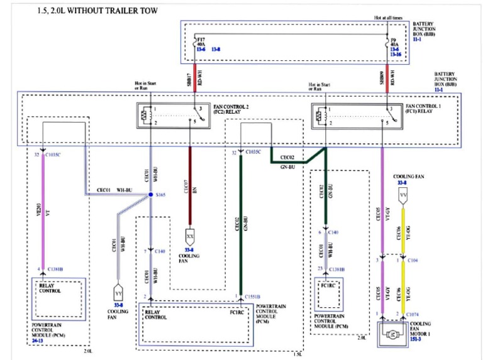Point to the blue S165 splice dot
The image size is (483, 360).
[x=151, y=195]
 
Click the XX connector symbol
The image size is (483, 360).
[x=189, y=236]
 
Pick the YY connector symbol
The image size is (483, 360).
[x=118, y=293]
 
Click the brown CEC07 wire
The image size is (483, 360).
[x=190, y=182]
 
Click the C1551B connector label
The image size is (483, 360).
[x=253, y=296]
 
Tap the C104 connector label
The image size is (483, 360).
[x=414, y=259]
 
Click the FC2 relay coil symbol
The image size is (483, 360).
[x=147, y=116]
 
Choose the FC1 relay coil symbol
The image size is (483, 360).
[x=323, y=116]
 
